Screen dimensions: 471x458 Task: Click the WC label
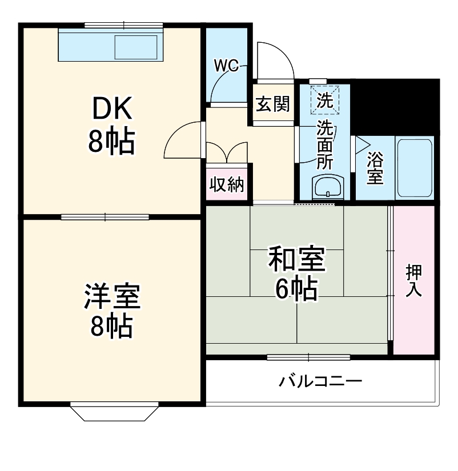pyautogui.click(x=226, y=65)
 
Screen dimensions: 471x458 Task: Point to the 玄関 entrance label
pyautogui.click(x=272, y=104)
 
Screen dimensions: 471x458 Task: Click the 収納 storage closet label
pyautogui.click(x=227, y=185)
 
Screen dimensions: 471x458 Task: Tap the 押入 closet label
pyautogui.click(x=413, y=280)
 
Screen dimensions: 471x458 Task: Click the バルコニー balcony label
pyautogui.click(x=320, y=381)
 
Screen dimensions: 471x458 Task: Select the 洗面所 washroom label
pyautogui.click(x=325, y=144)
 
